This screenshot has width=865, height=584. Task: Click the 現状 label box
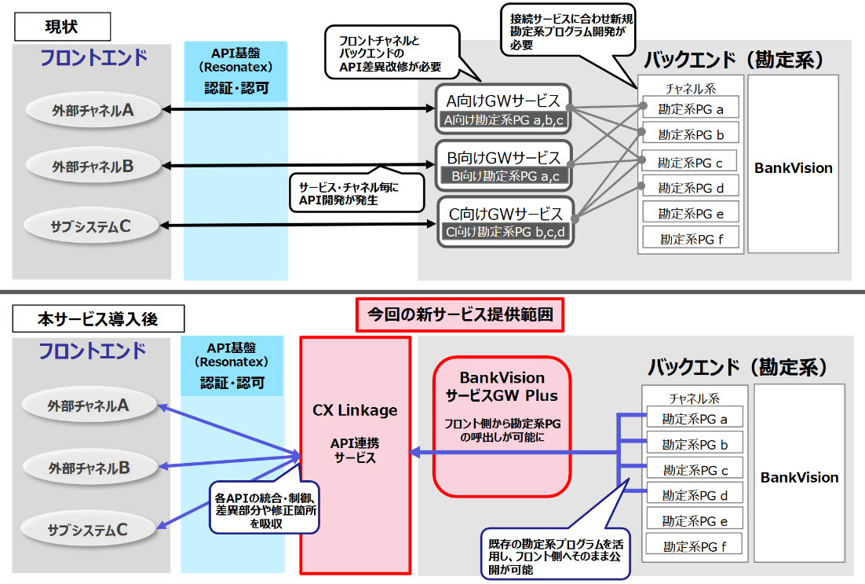coord(62,27)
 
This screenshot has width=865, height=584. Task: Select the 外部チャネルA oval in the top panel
coord(93,110)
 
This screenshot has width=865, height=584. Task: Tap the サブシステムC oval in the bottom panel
coord(88,529)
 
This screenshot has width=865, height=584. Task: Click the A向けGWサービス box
coord(502,108)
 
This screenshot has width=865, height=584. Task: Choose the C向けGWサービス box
coord(505,222)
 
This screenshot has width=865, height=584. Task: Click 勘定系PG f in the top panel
coord(691,239)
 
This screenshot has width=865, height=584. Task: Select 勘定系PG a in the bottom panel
coord(695,419)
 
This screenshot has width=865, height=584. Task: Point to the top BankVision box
coord(794,164)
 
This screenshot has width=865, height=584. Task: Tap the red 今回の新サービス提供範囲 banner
coord(459,314)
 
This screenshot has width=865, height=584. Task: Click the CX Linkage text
coord(355,410)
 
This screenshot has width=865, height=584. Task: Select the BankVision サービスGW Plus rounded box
coord(502,427)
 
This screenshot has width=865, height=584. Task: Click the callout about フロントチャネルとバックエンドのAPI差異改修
coord(392,53)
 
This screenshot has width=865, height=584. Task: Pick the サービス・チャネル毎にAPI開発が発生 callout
coord(357,193)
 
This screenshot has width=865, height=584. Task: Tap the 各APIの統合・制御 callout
coord(265,508)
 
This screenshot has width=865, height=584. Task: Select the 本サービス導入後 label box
coord(98,319)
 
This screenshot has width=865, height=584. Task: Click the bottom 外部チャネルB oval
coord(89,468)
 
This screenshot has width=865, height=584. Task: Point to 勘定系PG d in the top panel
coord(691,188)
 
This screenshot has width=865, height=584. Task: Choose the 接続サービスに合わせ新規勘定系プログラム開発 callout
coord(568,31)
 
